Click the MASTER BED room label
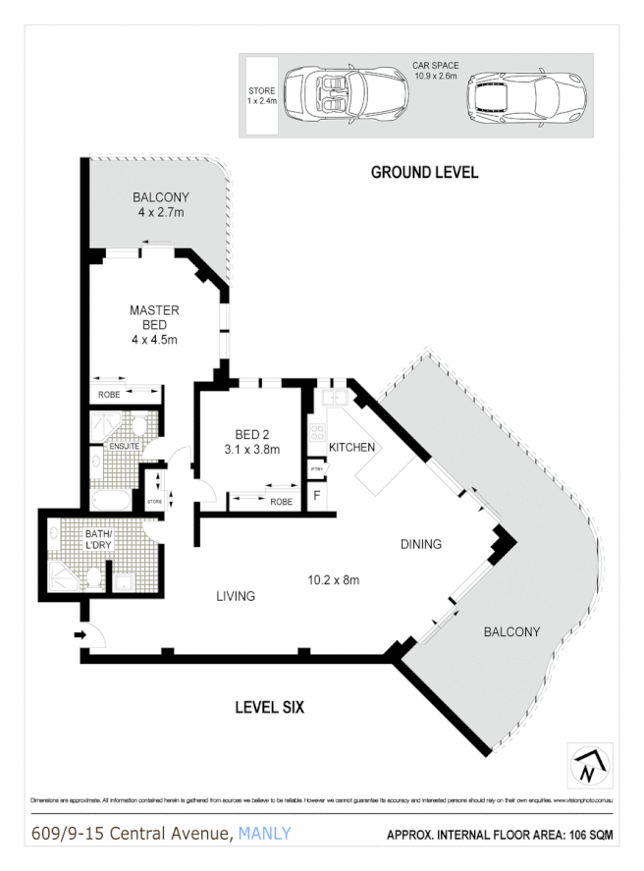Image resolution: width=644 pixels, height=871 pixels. [x=154, y=317]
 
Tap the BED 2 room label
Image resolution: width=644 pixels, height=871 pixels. [x=252, y=435]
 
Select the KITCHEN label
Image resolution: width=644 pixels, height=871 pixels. [x=351, y=447]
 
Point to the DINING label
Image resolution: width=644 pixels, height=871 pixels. [x=420, y=543]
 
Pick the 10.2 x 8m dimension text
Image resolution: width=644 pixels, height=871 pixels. [x=334, y=579]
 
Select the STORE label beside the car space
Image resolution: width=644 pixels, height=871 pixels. [x=261, y=95]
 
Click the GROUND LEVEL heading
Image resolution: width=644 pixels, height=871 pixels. [x=424, y=172]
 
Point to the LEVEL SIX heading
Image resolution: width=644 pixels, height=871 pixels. [x=269, y=706]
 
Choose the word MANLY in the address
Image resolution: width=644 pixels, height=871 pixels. [x=265, y=834]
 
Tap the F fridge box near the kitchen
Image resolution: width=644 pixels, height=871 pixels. [x=316, y=496]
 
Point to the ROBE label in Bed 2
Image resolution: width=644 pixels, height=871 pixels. [x=282, y=501]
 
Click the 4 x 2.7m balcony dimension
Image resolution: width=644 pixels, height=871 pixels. [x=161, y=212]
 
